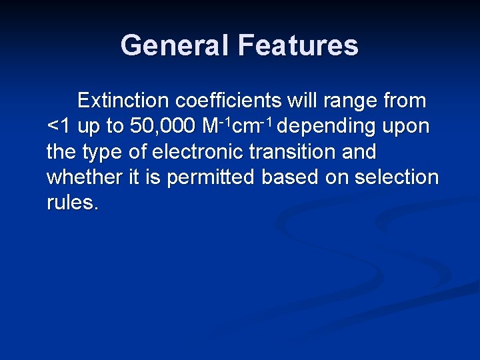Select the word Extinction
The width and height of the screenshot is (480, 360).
click(x=123, y=101)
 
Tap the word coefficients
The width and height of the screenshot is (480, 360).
click(x=229, y=101)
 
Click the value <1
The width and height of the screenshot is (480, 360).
click(x=59, y=127)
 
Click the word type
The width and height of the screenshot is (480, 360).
click(x=103, y=153)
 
